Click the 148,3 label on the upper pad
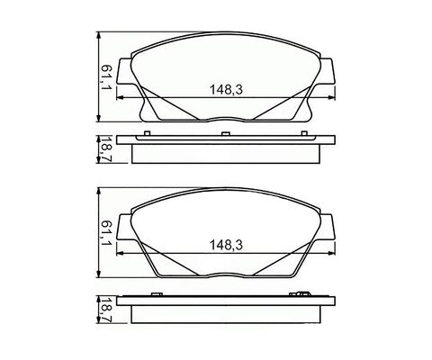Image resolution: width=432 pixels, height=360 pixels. click(226, 90)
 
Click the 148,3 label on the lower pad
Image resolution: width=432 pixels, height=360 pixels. click(226, 246)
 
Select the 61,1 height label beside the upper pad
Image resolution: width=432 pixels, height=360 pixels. click(106, 79)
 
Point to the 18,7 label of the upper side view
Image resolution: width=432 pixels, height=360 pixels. click(105, 150)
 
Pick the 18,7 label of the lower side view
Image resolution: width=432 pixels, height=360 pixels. click(105, 310)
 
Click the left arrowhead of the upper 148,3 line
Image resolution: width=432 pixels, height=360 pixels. click(120, 97)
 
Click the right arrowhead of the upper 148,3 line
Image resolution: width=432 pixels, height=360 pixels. click(331, 97)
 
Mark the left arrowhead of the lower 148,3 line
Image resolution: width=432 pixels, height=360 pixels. click(120, 253)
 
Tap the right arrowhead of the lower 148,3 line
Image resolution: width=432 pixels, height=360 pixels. click(331, 253)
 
